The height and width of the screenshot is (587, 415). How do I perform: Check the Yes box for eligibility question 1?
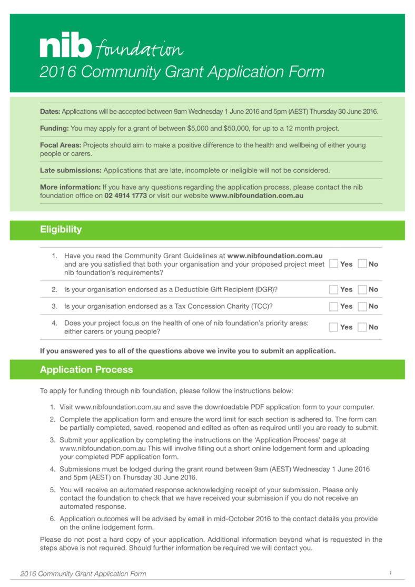(x=333, y=263)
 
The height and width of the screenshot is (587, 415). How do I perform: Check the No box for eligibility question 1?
(x=362, y=263)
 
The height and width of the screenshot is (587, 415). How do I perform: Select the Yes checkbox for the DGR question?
(x=333, y=289)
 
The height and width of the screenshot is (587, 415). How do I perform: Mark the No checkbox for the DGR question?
(x=362, y=289)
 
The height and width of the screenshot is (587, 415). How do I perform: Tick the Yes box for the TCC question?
(x=333, y=306)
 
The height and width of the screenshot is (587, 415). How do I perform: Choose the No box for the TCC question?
(x=362, y=306)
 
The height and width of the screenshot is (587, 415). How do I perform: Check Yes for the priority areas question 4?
(x=333, y=327)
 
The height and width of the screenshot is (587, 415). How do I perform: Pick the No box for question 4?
(x=362, y=327)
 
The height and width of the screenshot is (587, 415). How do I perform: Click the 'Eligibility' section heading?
(x=61, y=229)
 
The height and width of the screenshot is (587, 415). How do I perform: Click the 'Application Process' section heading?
(x=86, y=369)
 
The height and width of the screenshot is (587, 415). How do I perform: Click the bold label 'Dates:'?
(x=50, y=112)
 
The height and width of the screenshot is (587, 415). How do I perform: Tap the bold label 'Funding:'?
(x=54, y=128)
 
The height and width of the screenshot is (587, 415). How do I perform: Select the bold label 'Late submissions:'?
(x=71, y=170)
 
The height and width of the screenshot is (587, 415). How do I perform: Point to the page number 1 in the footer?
(x=390, y=573)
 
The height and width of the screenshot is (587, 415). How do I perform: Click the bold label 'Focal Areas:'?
(x=61, y=145)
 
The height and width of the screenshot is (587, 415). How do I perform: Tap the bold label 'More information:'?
(x=70, y=187)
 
